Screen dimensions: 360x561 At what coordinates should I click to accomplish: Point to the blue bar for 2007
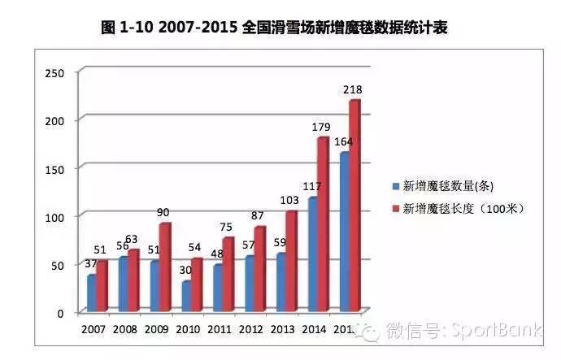click(91, 293)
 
